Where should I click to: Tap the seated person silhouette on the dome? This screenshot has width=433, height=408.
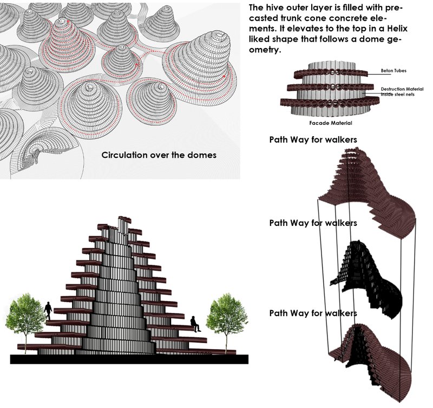[x=195, y=324]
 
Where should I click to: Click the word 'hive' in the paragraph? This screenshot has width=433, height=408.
[x=277, y=9]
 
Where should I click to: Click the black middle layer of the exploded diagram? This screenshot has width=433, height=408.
[x=368, y=276]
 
